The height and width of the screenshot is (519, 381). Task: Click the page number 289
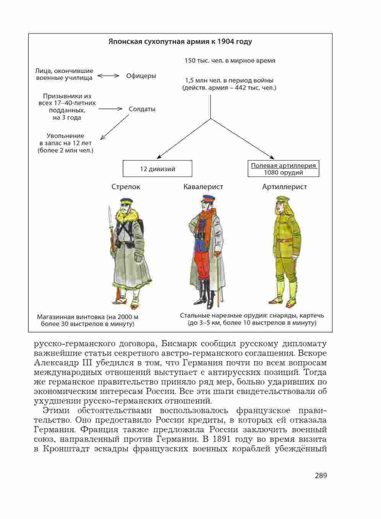coord(321,475)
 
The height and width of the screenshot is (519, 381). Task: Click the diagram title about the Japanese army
coord(180,42)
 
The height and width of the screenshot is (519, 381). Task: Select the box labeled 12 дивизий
coord(157,169)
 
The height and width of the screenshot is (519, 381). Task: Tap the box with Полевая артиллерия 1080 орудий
coord(283,169)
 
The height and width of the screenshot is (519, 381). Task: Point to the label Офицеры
coord(141,76)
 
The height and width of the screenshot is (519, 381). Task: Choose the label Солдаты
coord(142,109)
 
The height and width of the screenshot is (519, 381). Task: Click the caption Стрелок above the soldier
coord(126,187)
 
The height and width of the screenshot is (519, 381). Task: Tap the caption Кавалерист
coord(203,187)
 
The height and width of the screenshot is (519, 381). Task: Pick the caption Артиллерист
coord(284,187)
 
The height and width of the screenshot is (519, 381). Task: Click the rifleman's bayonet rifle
coord(111,229)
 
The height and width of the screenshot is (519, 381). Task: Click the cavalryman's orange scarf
coord(206,222)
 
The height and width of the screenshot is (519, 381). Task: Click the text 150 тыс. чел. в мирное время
coord(230,61)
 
